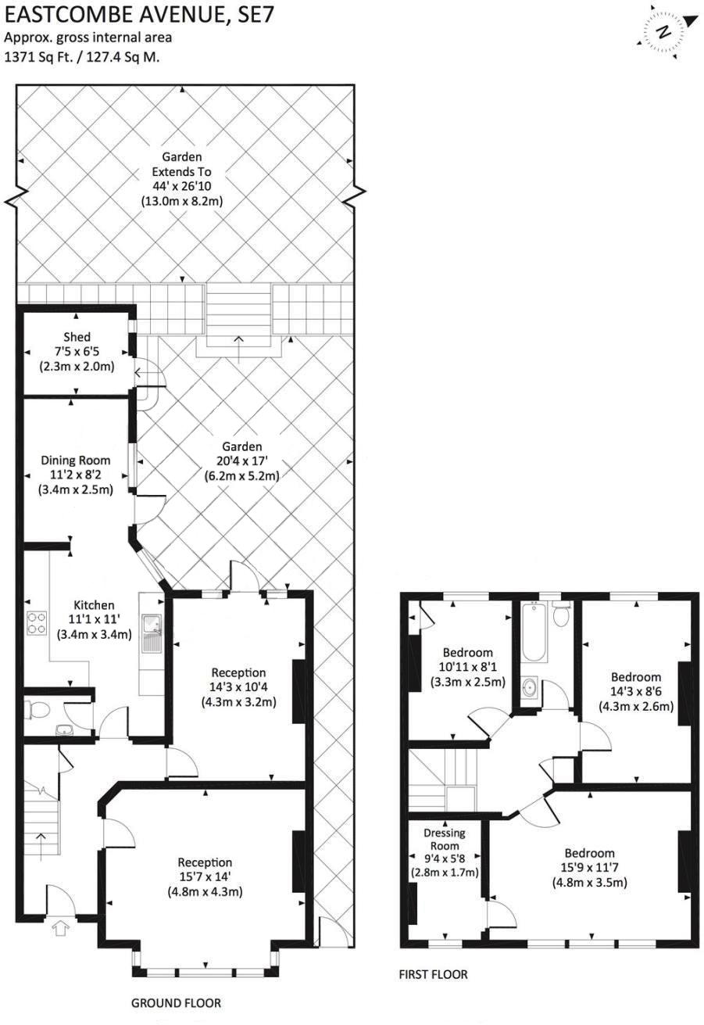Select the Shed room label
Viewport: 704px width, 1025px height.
77,337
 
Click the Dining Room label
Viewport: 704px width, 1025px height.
76,461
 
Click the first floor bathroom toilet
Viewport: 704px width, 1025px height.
559,616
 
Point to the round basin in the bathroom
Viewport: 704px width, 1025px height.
531,688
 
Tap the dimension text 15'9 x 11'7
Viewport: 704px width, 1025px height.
590,869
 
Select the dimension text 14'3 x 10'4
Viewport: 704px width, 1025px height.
238,687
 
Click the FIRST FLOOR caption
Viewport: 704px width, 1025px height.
433,974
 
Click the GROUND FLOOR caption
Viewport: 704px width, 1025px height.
176,1003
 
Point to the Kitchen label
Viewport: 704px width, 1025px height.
94,605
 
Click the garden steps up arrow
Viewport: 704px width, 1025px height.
238,339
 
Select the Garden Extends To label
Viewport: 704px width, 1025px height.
182,163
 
